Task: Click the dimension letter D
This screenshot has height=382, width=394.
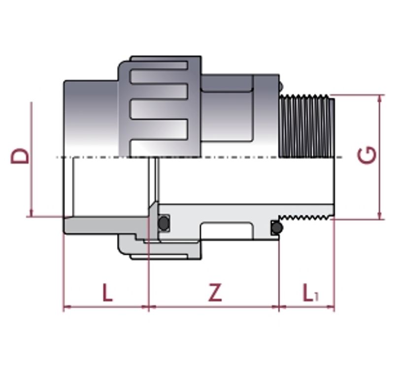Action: (x=20, y=156)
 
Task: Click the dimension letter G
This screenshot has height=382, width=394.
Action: (x=367, y=155)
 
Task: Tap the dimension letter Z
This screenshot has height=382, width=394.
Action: (x=215, y=292)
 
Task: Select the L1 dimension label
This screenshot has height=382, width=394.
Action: (x=311, y=292)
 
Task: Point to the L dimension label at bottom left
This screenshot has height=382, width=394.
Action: (x=107, y=292)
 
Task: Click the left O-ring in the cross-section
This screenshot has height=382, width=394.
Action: (x=164, y=223)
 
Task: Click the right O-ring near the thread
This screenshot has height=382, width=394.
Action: (x=277, y=228)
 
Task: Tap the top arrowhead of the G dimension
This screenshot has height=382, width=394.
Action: (x=380, y=98)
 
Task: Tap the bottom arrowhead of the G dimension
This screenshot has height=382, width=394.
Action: (x=380, y=216)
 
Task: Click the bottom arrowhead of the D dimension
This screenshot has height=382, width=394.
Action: (x=32, y=213)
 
